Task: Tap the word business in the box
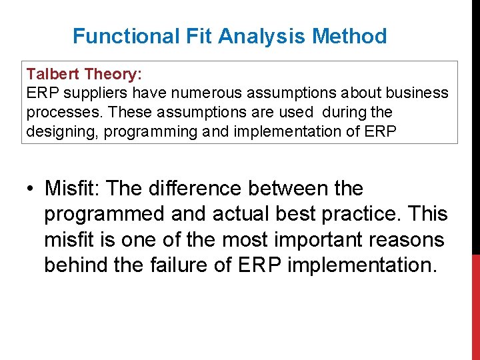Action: [417, 93]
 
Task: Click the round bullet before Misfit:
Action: [31, 189]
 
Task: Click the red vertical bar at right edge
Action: [475, 307]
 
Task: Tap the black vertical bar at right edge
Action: [475, 127]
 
